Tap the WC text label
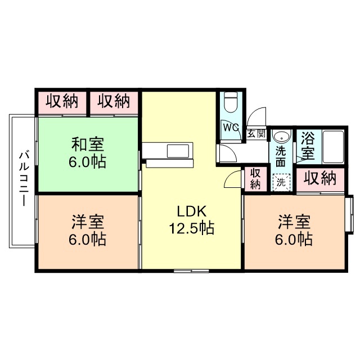point(231,127)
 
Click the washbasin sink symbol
point(280,137)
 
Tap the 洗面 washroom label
point(280,156)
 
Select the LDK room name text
point(192,211)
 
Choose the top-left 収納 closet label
point(61,102)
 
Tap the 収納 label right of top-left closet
point(114,102)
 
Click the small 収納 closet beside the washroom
point(255,178)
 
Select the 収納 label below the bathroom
point(320,179)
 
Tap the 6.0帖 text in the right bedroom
point(293,238)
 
